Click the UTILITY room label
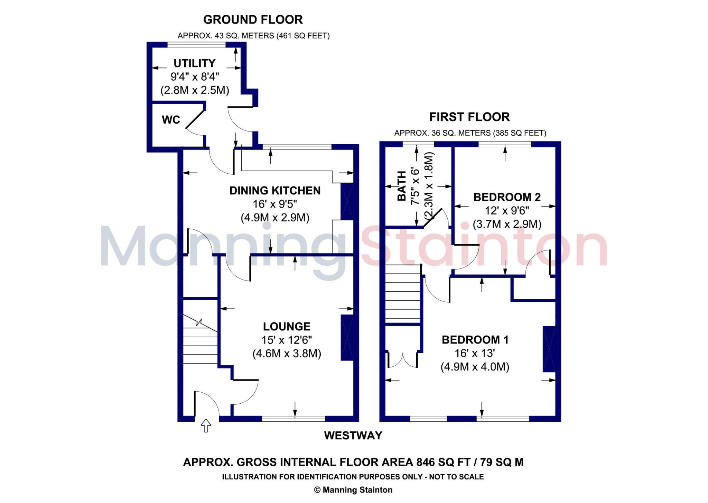pos(194,63)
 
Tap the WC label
pos(171,120)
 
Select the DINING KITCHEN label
pos(275,191)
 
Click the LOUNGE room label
pos(287,327)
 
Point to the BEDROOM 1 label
pos(475,340)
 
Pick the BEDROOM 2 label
pos(507,197)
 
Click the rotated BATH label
pos(402,186)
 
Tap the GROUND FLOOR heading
pos(253,20)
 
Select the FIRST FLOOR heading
pos(469,117)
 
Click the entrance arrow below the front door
pos(206,426)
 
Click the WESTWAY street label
pos(353,435)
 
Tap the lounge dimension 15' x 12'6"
pos(287,340)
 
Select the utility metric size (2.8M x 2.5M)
pos(195,90)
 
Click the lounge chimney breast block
pos(347,338)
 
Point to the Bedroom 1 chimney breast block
pos(549,349)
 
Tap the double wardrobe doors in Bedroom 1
pos(403,360)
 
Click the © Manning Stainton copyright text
pos(353,490)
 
